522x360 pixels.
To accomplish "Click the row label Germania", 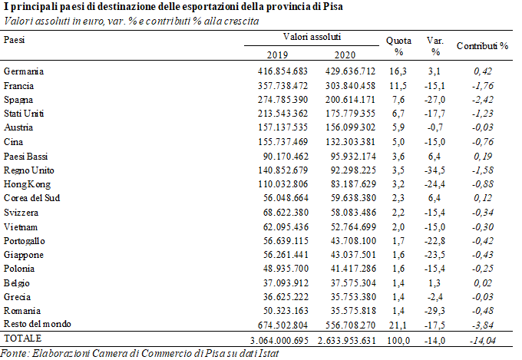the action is [x=24, y=71].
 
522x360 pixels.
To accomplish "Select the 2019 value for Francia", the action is [x=282, y=86].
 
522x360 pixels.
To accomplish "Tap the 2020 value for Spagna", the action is [x=350, y=100].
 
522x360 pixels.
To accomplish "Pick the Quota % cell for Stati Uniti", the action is [x=398, y=114].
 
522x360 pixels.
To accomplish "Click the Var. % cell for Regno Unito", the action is [x=434, y=170].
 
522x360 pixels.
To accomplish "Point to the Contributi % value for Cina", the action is [x=483, y=142].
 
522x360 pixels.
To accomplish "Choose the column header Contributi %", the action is [x=482, y=46].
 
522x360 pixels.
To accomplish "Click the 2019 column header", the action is [x=277, y=54].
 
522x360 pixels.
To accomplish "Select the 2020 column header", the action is [x=345, y=54].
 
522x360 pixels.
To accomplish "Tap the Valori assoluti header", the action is [x=312, y=37].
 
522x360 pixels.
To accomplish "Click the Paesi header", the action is [x=14, y=40].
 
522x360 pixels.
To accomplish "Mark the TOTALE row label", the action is [x=22, y=339].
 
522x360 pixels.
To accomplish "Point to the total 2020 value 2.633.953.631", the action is [x=347, y=341].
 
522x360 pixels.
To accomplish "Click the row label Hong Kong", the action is [x=28, y=184].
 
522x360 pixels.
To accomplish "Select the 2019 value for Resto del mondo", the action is [x=282, y=325].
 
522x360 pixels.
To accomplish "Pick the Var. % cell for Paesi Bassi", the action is [x=434, y=157].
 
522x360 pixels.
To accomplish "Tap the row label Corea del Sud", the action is [x=31, y=198].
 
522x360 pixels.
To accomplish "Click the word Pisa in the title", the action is [x=333, y=7].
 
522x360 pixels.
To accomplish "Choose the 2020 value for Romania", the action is [x=353, y=311].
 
